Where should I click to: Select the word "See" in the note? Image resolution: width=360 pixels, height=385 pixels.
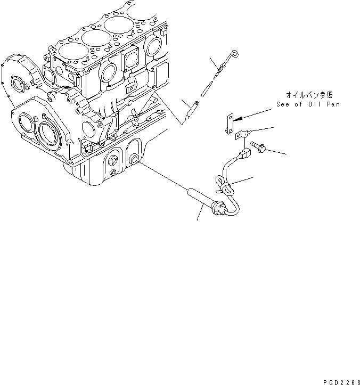[x=284, y=105]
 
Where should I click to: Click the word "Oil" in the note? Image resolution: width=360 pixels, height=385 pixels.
[x=315, y=105]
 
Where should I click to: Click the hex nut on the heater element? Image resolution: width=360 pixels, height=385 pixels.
[x=216, y=206]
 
